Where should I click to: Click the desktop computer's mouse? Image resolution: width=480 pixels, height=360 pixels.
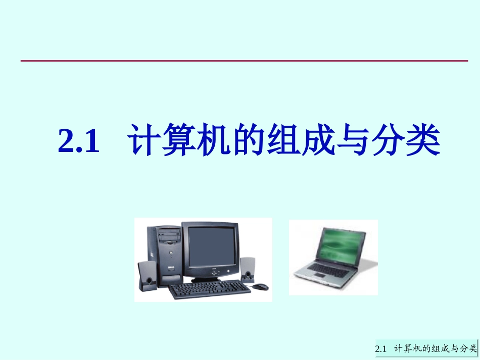260,287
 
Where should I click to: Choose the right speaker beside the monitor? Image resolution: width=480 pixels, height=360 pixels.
248,269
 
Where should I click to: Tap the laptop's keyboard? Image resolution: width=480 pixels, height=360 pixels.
328,270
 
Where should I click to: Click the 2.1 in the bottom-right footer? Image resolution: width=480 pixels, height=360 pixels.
381,349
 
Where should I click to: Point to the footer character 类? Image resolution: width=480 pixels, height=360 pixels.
472,348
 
